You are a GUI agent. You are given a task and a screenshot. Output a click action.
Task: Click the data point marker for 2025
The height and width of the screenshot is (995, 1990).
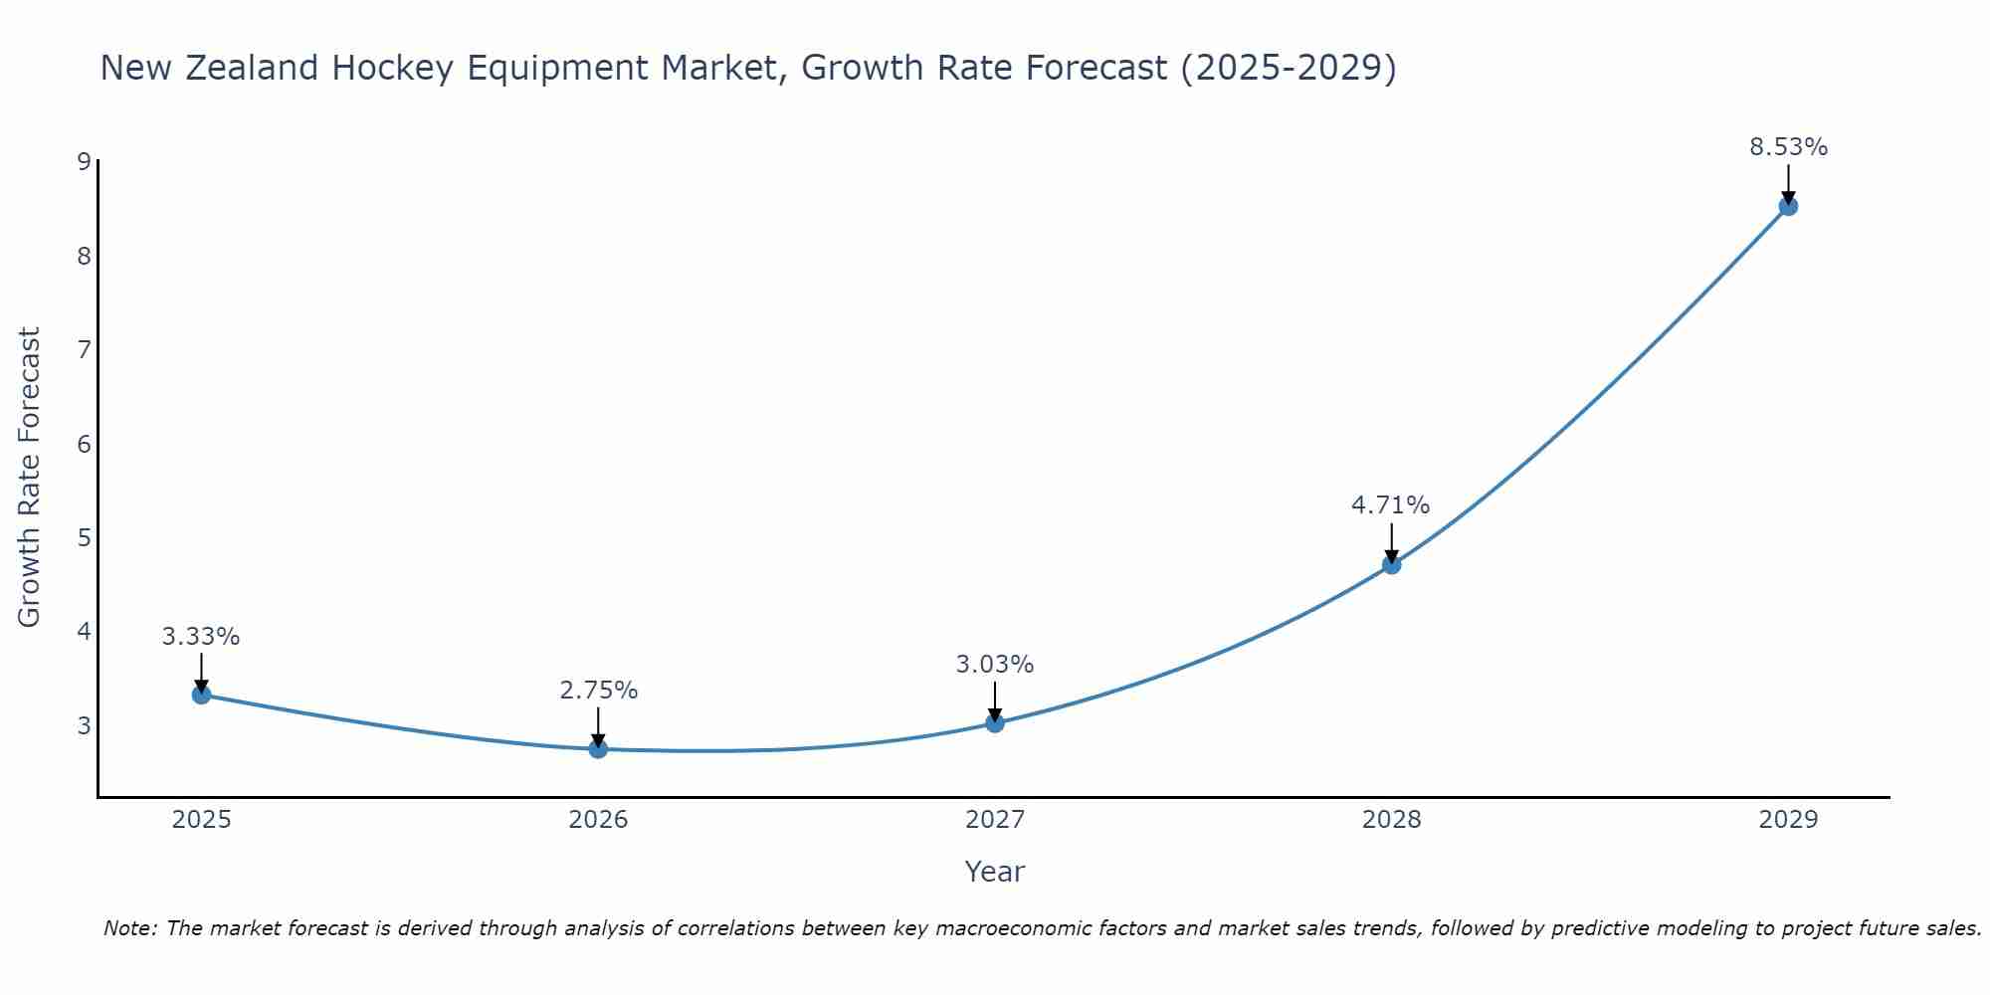201,695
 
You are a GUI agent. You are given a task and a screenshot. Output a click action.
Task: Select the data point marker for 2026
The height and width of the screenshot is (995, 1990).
598,748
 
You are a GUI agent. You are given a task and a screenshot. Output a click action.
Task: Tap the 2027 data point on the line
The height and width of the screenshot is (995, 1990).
995,722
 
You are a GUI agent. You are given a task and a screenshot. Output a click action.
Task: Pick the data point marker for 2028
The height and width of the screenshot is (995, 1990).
1391,565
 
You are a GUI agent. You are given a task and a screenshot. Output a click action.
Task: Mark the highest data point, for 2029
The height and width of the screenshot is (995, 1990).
1788,206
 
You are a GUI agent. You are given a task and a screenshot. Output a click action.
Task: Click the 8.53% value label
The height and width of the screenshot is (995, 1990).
1788,147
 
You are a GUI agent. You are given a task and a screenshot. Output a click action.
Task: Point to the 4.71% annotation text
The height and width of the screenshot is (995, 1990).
1390,505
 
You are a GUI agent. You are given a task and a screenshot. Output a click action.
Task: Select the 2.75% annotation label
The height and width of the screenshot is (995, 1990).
598,691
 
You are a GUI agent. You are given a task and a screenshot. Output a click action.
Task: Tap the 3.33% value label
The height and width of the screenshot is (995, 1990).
201,637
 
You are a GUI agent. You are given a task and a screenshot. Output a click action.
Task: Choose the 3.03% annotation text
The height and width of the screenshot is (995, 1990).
995,665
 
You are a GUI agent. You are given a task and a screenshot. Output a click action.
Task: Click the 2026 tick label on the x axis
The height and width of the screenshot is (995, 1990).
598,820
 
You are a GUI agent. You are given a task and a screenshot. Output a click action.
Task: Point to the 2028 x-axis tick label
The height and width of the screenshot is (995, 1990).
1391,820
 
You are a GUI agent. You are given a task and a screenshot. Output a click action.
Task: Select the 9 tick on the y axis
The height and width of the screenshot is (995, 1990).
84,162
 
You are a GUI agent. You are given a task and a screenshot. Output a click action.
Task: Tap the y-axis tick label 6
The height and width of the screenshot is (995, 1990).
84,444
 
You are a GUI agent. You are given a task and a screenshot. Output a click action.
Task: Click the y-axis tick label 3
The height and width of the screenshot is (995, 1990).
84,725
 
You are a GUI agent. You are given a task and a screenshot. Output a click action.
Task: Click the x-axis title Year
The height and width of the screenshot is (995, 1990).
994,872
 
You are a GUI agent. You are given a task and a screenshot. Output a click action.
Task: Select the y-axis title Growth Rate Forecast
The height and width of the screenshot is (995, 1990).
30,478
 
